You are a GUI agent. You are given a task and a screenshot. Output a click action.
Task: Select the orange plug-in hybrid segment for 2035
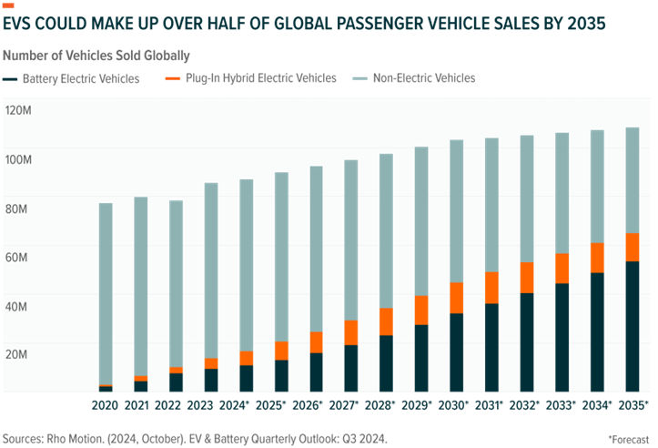632,248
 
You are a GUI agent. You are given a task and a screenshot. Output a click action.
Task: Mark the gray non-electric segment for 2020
106,291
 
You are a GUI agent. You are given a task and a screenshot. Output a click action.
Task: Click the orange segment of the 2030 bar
457,298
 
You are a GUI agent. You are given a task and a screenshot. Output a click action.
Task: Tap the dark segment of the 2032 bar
527,341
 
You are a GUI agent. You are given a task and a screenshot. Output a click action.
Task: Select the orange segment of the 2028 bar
386,321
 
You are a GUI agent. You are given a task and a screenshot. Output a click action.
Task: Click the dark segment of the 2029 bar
421,357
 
